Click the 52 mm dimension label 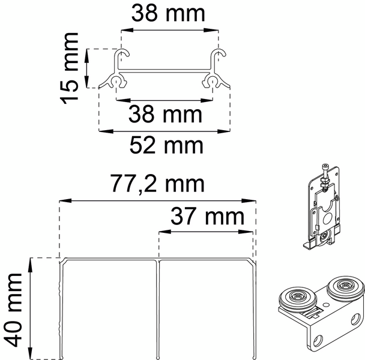click(165, 145)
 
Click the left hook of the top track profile click(121, 58)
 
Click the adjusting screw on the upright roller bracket click(325, 175)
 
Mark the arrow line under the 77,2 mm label click(157, 199)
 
